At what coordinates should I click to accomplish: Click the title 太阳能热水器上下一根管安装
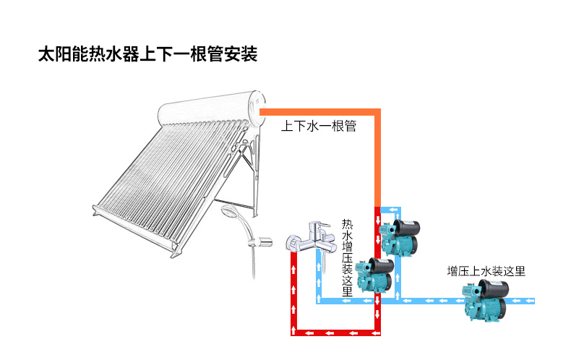(147, 55)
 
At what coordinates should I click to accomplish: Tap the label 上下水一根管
(319, 127)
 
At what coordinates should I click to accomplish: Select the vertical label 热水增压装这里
(347, 258)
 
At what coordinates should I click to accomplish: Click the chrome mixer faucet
(309, 238)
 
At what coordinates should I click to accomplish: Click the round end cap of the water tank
(255, 106)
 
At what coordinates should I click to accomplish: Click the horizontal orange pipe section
(318, 111)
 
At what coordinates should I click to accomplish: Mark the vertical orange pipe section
(377, 159)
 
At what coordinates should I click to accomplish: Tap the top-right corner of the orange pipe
(377, 111)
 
